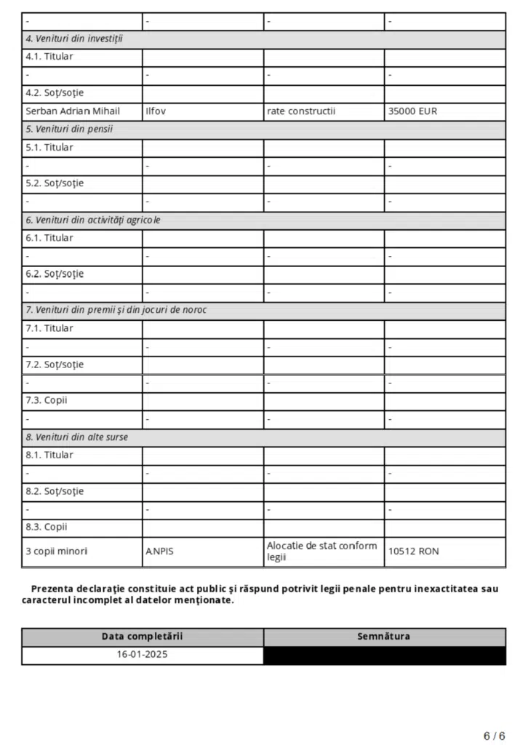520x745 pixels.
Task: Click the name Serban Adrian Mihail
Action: click(73, 111)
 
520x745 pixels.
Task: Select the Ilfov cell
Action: click(156, 111)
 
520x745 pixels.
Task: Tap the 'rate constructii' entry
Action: click(301, 111)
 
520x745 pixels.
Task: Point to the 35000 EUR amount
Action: click(413, 111)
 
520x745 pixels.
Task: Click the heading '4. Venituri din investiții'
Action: click(74, 39)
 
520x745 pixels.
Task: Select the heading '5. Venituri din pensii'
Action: click(69, 130)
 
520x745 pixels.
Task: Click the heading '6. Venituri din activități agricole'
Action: click(93, 220)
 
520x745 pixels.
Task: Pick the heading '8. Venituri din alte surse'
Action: click(78, 437)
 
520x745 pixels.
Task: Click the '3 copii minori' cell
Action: click(56, 551)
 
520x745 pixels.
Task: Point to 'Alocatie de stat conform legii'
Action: click(321, 551)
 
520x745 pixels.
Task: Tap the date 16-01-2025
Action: click(142, 654)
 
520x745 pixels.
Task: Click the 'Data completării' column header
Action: click(142, 637)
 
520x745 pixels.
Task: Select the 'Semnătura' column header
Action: click(383, 637)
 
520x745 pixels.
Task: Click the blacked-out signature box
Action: click(383, 655)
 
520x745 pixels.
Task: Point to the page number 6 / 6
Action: click(495, 736)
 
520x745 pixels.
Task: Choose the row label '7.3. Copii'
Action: click(47, 401)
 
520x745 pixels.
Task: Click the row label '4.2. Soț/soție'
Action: click(55, 93)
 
